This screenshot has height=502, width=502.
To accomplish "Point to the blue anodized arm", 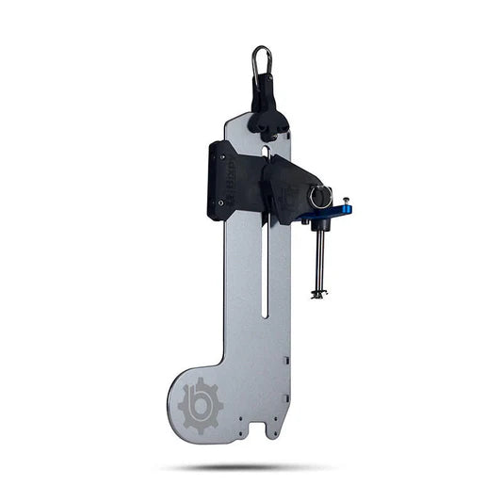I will (x=330, y=212).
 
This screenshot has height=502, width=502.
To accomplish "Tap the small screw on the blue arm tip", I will (x=346, y=202).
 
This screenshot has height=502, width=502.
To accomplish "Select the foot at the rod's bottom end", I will (x=318, y=295).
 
